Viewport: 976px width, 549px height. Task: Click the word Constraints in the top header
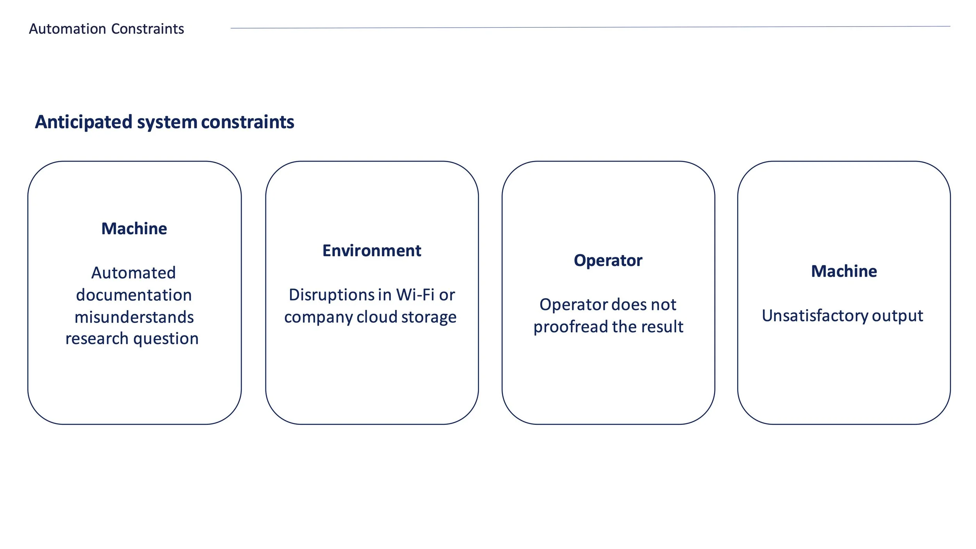(148, 29)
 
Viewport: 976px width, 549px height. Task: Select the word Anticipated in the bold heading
(84, 122)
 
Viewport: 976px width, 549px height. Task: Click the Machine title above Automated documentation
(134, 229)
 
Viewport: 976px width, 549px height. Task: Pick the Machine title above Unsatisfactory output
(844, 271)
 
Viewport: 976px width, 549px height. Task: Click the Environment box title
(372, 251)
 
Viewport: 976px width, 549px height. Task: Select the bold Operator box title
(608, 260)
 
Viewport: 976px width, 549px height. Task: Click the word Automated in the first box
(134, 273)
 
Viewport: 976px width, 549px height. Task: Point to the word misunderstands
(134, 317)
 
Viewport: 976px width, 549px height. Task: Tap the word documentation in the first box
(134, 295)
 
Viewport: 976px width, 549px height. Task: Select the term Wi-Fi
(415, 295)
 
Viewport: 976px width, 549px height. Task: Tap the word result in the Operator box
(664, 327)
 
